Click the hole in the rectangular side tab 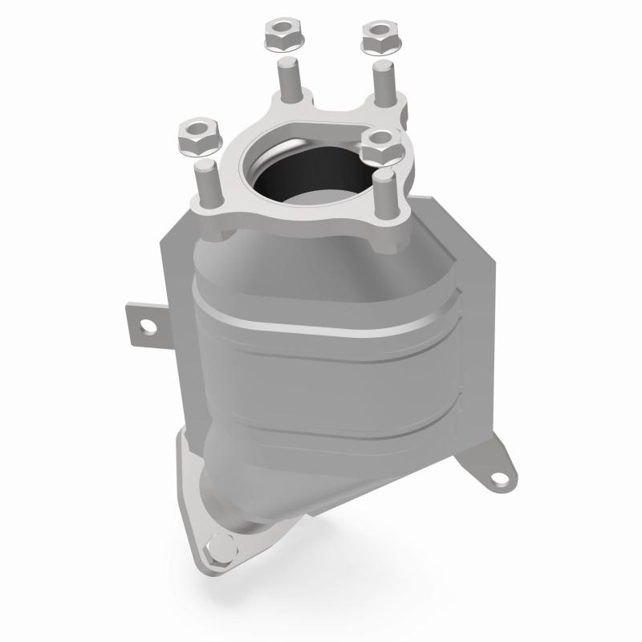[147, 326]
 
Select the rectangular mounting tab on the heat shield [144, 325]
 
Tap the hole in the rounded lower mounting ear [501, 477]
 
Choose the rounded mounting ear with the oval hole [498, 469]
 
